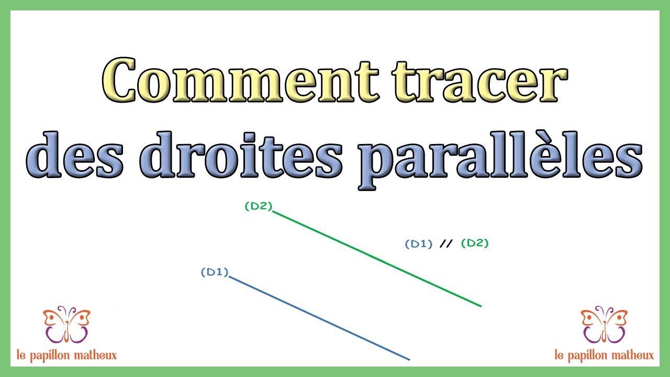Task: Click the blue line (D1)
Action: (319, 318)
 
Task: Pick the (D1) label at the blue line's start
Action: (215, 272)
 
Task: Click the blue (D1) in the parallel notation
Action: (419, 243)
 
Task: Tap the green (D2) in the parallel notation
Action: (474, 243)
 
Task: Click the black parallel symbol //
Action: (446, 243)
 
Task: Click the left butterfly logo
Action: (66, 325)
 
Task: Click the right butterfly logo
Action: (604, 325)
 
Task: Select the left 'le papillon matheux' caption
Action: (66, 356)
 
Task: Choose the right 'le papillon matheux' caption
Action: (604, 356)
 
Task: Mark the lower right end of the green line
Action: (481, 306)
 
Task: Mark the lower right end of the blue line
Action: (409, 359)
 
